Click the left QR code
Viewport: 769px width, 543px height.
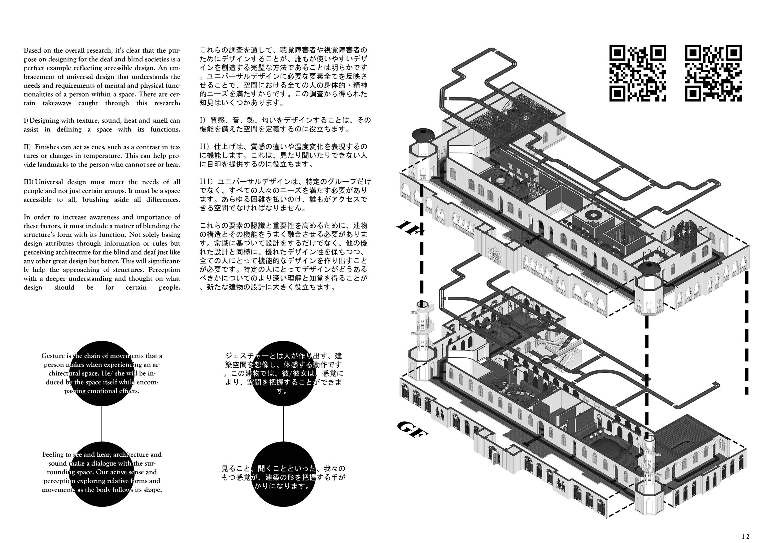click(637, 73)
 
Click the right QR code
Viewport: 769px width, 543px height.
click(713, 73)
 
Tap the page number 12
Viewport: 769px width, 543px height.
click(745, 536)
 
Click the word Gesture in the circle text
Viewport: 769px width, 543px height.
click(53, 356)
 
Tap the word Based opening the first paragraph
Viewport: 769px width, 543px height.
click(33, 50)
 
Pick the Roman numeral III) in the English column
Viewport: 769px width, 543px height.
click(28, 182)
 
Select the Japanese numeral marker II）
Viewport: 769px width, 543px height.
click(205, 147)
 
